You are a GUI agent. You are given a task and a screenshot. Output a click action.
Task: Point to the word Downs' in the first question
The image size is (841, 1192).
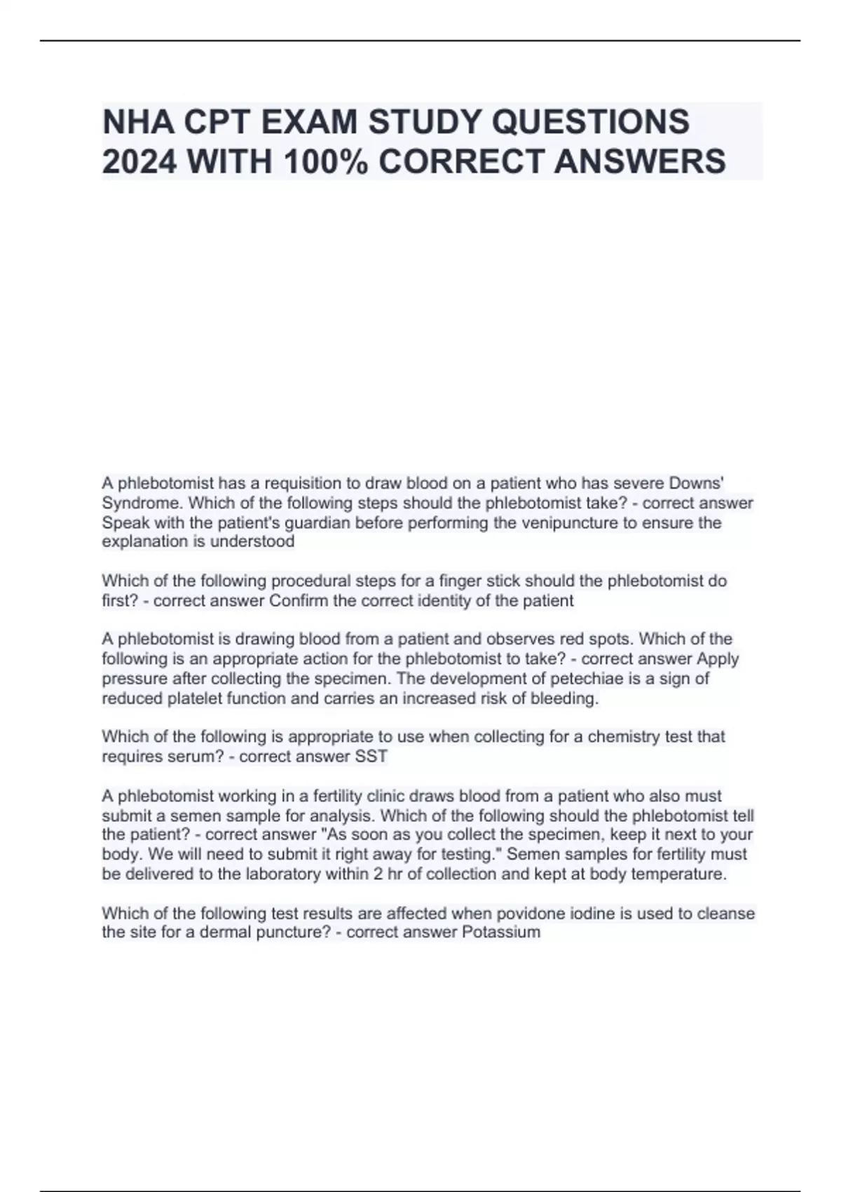pyautogui.click(x=697, y=483)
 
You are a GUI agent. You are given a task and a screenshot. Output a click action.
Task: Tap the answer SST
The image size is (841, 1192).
pyautogui.click(x=372, y=757)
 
